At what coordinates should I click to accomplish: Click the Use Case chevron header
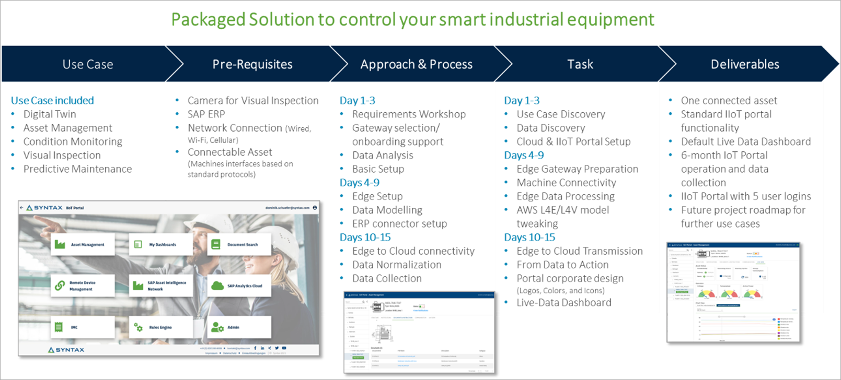click(x=88, y=64)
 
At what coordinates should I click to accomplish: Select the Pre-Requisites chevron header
click(x=252, y=64)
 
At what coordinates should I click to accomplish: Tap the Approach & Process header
click(x=416, y=64)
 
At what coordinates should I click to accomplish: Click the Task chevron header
click(x=580, y=64)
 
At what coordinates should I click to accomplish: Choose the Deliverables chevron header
click(x=745, y=64)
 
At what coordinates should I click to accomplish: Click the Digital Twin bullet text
click(x=50, y=114)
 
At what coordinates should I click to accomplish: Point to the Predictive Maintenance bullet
click(x=77, y=169)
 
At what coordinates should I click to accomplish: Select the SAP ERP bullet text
click(x=206, y=114)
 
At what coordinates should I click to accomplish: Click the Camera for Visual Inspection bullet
click(x=253, y=101)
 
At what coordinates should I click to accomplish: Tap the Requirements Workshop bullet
click(x=409, y=114)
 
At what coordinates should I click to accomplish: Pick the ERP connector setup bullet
click(x=399, y=224)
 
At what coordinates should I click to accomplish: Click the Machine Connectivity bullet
click(x=566, y=183)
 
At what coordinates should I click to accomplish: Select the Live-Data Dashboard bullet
click(x=564, y=303)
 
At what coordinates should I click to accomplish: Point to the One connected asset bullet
click(x=729, y=101)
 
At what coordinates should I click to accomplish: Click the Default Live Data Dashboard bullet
click(x=746, y=141)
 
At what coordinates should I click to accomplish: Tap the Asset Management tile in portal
click(x=83, y=244)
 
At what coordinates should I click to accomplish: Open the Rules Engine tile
click(x=160, y=327)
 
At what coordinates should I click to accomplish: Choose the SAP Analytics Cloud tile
click(x=239, y=286)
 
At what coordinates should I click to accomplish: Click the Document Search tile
click(x=239, y=244)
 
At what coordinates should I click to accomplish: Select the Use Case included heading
click(x=52, y=101)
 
